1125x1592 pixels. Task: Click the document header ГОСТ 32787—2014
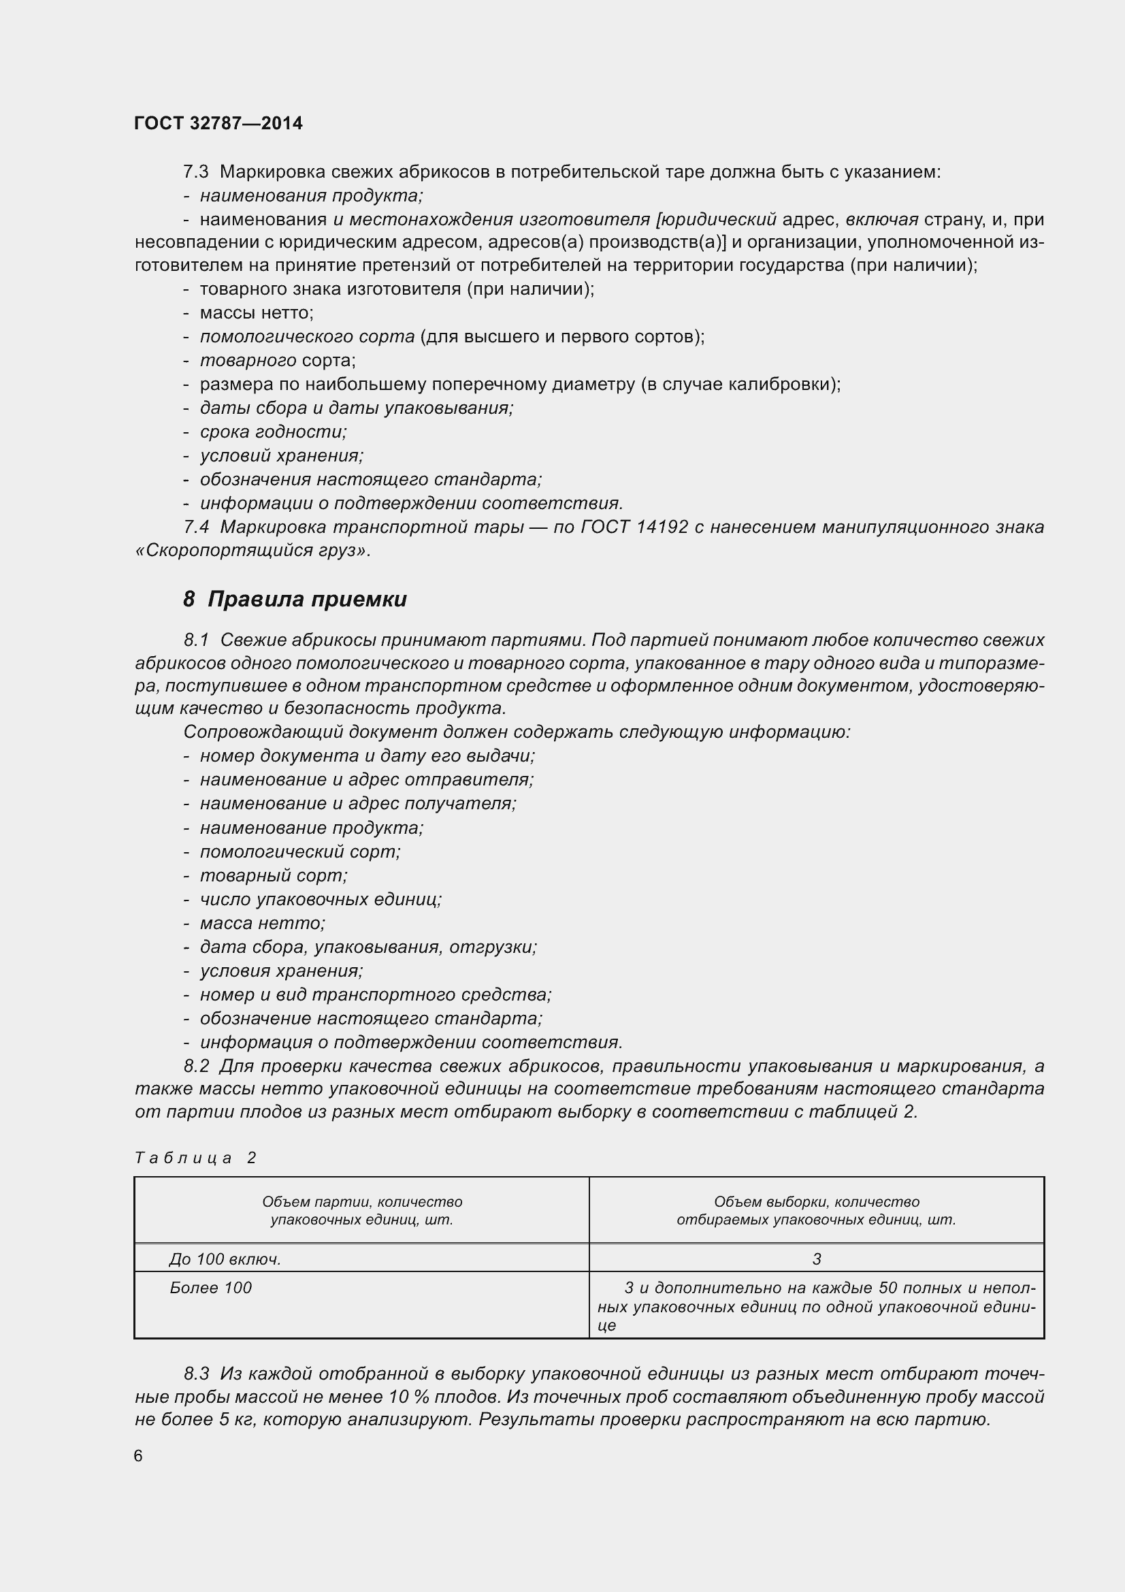[x=218, y=123]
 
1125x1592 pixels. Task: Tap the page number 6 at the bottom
[x=138, y=1455]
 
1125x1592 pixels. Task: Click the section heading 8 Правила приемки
[x=295, y=599]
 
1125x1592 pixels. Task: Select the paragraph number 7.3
[x=196, y=172]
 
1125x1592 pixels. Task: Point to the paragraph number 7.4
[x=196, y=527]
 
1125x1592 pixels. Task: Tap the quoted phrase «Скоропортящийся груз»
[x=253, y=551]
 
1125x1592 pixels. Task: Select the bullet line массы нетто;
[x=256, y=312]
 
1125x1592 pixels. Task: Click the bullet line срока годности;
[x=273, y=432]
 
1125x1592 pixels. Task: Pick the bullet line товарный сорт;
[x=273, y=876]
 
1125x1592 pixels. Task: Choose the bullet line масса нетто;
[x=262, y=923]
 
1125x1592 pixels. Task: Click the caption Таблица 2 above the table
[x=195, y=1158]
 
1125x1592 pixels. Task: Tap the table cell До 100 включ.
[x=225, y=1259]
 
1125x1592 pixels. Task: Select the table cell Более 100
[x=210, y=1288]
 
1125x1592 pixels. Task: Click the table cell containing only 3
[x=817, y=1259]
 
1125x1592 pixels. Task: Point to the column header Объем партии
[x=361, y=1211]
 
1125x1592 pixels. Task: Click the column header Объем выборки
[x=817, y=1211]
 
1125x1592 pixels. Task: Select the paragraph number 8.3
[x=196, y=1374]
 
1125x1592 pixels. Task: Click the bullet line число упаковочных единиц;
[x=321, y=899]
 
